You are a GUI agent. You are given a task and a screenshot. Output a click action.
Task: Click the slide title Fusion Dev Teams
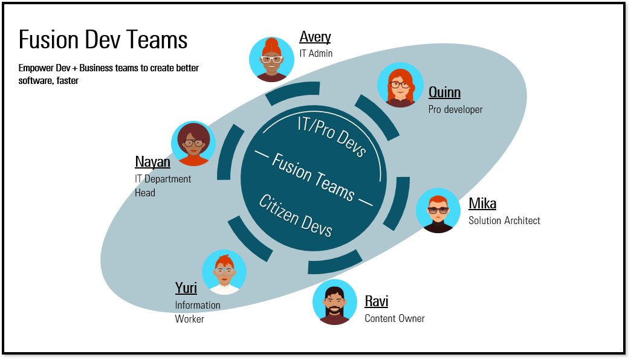pos(103,40)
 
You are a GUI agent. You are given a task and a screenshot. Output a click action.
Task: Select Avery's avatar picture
pos(271,59)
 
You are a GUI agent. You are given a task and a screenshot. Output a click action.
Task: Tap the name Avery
pos(315,37)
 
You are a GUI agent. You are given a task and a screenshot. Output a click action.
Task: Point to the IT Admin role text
pos(315,54)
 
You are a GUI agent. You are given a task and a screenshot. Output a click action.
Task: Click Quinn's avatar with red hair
pos(400,85)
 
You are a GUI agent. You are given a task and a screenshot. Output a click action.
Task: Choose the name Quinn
pos(444,92)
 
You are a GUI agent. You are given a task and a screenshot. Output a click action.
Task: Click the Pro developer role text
pos(455,109)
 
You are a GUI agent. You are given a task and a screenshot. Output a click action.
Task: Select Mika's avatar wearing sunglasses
pos(438,211)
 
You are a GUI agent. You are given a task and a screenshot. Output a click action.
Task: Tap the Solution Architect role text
pos(504,220)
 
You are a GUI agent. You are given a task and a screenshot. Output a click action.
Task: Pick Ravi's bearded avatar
pos(335,302)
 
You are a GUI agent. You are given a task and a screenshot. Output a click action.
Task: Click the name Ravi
pos(376,301)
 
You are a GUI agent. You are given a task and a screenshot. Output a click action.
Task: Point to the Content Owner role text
pos(394,318)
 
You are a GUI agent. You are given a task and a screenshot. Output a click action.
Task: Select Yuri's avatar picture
pos(224,272)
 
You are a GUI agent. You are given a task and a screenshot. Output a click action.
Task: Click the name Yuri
pos(186,289)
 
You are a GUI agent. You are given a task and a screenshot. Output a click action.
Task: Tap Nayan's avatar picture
pos(193,143)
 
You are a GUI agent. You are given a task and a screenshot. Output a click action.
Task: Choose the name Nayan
pos(152,162)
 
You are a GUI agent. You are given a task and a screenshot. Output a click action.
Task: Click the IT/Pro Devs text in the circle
pos(332,136)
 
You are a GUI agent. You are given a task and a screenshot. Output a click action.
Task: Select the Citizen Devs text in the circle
pos(296,216)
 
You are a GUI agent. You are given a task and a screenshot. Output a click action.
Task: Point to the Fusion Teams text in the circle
pos(313,176)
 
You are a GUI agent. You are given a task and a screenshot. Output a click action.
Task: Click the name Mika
pos(482,204)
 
